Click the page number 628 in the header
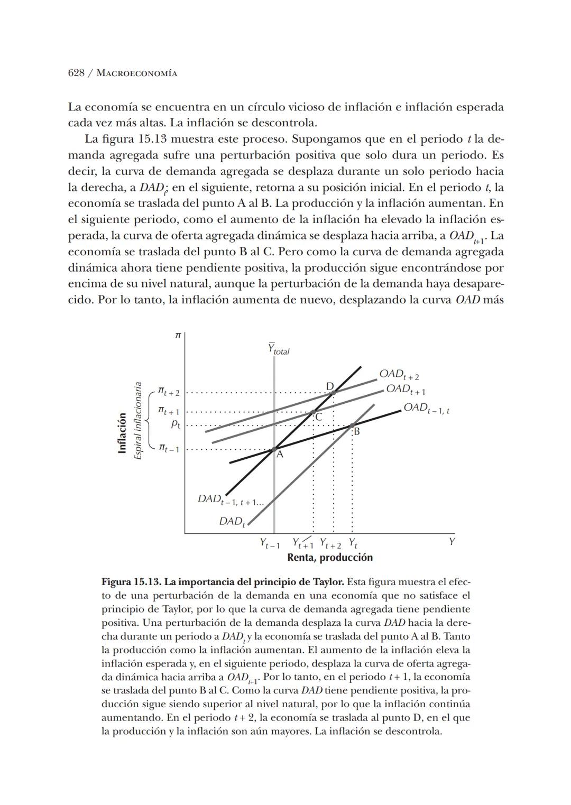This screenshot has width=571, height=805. pyautogui.click(x=76, y=73)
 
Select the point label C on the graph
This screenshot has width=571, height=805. pyautogui.click(x=318, y=418)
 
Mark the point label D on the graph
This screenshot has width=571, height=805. pyautogui.click(x=329, y=386)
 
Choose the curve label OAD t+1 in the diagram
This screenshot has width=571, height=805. pyautogui.click(x=405, y=390)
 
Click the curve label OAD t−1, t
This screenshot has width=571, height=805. pyautogui.click(x=426, y=408)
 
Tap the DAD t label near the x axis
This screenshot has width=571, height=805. pyautogui.click(x=232, y=522)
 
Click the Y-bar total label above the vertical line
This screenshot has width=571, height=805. pyautogui.click(x=278, y=349)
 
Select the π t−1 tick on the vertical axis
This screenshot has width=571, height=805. pyautogui.click(x=169, y=448)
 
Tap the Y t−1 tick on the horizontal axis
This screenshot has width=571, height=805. pyautogui.click(x=270, y=543)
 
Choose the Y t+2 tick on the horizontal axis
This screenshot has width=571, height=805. pyautogui.click(x=330, y=544)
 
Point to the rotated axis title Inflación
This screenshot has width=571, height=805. pyautogui.click(x=123, y=433)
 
